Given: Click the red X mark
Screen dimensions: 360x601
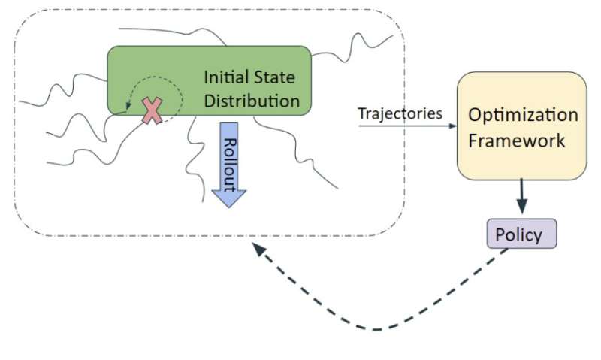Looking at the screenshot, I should (153, 110).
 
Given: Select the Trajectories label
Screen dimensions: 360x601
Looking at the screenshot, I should (400, 113).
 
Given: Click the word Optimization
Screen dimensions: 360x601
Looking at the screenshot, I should (523, 116).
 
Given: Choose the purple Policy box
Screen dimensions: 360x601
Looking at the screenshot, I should (522, 234).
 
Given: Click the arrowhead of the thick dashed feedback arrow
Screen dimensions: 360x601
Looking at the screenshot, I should (258, 251).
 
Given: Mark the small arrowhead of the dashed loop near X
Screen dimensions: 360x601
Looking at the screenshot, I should (128, 105).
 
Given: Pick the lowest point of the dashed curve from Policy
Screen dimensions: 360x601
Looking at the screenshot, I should (376, 328).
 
